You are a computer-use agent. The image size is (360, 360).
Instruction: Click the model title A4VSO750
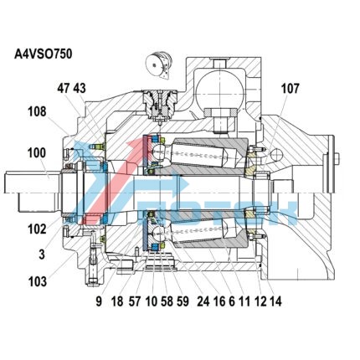click(43, 54)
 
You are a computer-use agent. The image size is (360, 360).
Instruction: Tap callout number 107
click(290, 89)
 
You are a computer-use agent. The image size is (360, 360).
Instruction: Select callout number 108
click(37, 111)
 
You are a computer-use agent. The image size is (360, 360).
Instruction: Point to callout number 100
click(37, 153)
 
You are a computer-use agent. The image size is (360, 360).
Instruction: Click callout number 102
click(37, 229)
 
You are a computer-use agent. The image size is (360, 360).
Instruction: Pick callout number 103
click(38, 281)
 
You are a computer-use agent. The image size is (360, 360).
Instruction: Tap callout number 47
click(64, 89)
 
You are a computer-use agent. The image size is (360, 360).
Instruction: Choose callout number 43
click(80, 89)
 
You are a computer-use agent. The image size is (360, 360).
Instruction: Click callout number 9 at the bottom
click(99, 301)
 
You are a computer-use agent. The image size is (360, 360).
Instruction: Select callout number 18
click(117, 301)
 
